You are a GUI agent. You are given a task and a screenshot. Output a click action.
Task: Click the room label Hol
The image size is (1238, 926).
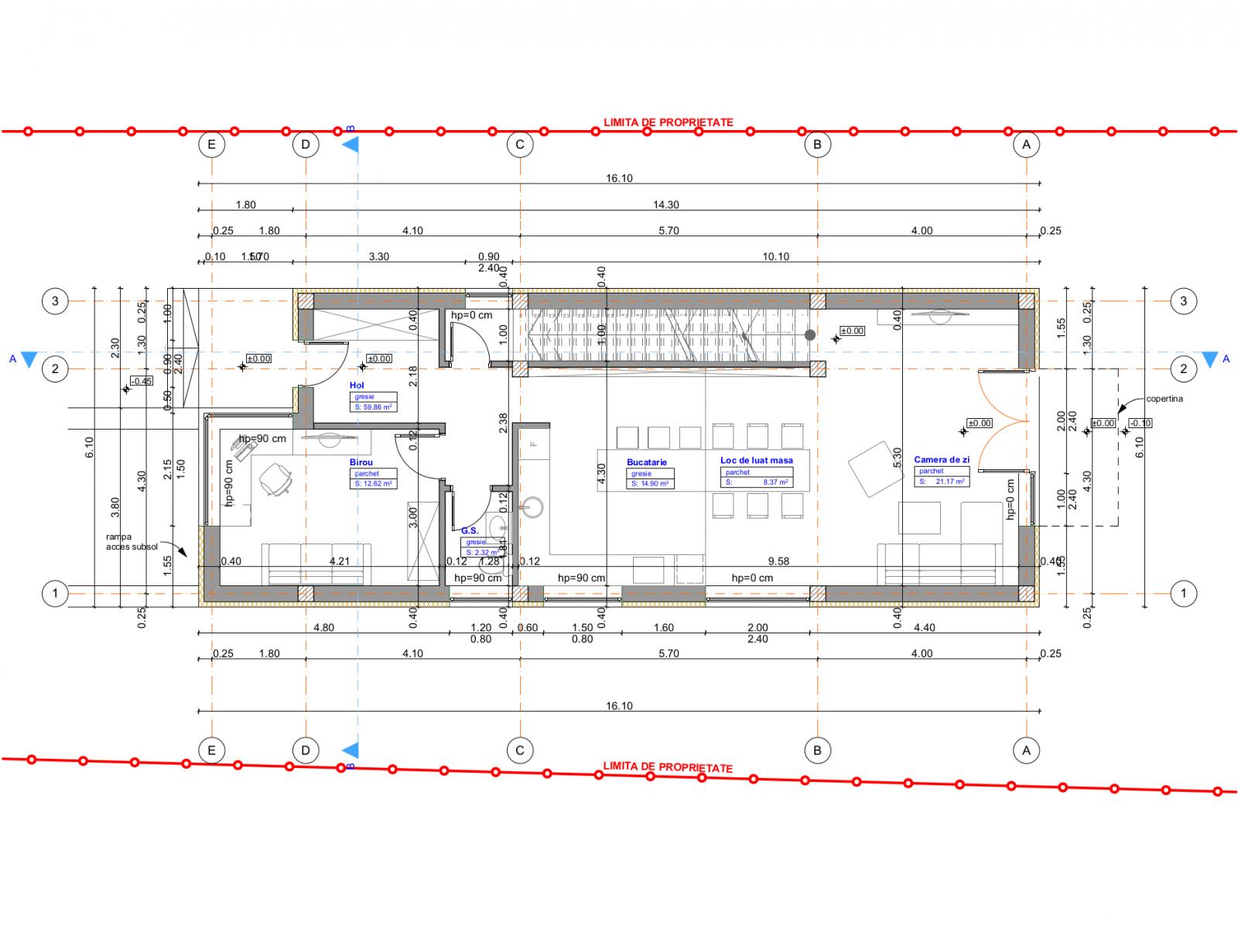click(357, 385)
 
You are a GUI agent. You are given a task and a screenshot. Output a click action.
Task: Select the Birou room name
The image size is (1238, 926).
click(361, 462)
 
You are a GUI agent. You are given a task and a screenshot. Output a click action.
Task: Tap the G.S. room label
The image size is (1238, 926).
click(469, 530)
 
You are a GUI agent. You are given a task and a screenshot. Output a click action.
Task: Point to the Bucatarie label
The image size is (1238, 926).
click(647, 462)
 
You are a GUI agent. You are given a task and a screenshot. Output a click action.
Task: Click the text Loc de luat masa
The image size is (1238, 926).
click(756, 460)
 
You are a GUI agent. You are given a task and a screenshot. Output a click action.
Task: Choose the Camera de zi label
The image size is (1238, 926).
click(941, 460)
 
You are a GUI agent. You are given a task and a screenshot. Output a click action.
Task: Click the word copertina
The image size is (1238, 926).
click(1164, 399)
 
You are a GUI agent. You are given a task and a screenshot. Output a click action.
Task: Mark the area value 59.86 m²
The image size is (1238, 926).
click(374, 406)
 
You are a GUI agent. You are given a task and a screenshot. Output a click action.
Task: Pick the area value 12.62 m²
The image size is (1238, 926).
click(374, 483)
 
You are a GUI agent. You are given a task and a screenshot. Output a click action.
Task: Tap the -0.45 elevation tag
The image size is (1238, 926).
click(142, 381)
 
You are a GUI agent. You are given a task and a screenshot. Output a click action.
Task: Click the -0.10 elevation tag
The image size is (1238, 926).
click(1140, 424)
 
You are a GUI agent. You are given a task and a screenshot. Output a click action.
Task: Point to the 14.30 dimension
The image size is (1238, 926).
click(665, 205)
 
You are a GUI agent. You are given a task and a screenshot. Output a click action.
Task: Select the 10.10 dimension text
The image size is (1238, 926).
click(775, 257)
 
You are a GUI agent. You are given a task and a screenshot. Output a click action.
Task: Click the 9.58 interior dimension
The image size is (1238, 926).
click(778, 561)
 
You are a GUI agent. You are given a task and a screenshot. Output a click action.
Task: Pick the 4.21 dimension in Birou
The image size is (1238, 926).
click(340, 561)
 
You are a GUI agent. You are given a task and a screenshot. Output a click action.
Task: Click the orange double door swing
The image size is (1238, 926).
click(1004, 420)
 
